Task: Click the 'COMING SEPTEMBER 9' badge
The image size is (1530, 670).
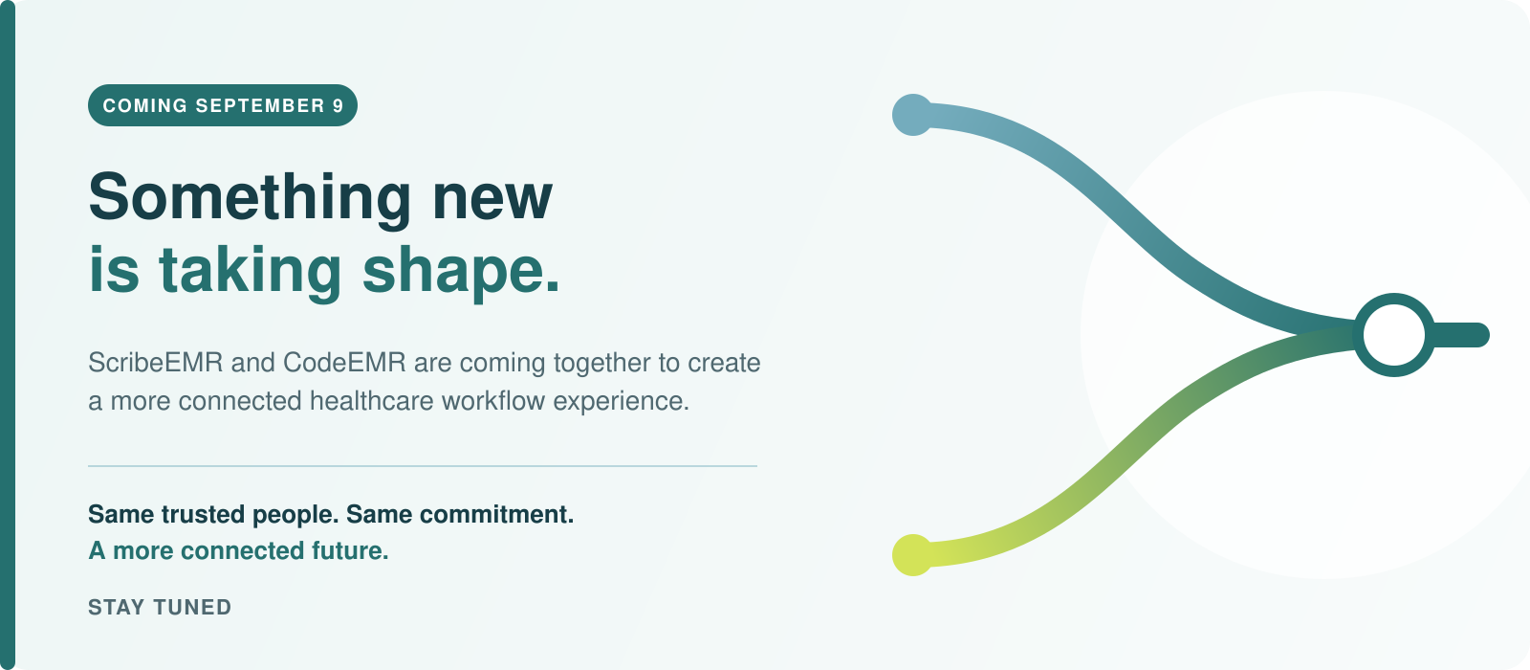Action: click(x=223, y=105)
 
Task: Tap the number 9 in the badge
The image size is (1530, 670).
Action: click(x=339, y=105)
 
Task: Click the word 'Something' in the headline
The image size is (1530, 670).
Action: click(x=250, y=198)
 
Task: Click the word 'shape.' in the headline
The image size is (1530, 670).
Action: click(x=461, y=271)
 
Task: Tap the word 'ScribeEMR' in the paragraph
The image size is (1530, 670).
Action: click(x=156, y=363)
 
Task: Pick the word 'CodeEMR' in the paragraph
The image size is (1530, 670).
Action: click(x=345, y=363)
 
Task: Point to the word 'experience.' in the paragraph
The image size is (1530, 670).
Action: click(x=622, y=402)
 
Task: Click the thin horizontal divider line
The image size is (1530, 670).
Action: click(x=423, y=466)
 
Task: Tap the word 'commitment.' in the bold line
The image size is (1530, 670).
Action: click(x=496, y=514)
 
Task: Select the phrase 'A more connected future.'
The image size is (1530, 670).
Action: click(x=238, y=550)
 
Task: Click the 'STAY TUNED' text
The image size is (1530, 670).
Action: click(x=160, y=607)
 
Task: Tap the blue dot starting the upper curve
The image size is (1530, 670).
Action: click(x=912, y=115)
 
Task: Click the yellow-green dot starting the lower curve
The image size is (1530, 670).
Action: click(x=912, y=555)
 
